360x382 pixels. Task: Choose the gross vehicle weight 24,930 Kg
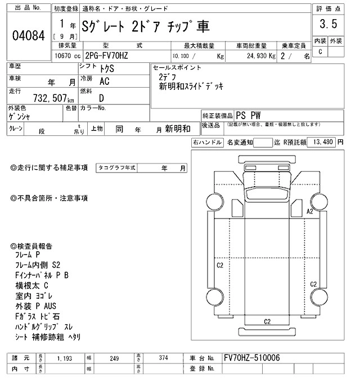tap(259, 56)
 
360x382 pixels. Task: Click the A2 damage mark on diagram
tap(309, 212)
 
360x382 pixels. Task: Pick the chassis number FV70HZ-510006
tap(251, 358)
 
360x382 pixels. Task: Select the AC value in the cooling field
tap(104, 81)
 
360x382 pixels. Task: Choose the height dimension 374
tap(164, 358)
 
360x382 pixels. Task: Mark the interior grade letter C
tap(320, 51)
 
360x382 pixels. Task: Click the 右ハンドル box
tap(207, 142)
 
